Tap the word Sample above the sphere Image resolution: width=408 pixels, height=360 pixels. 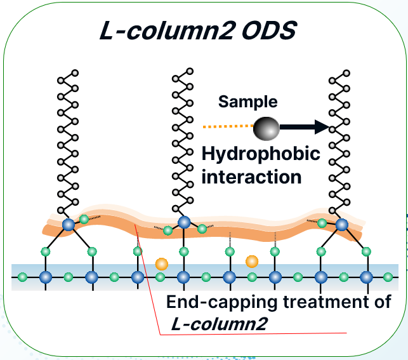pyautogui.click(x=248, y=102)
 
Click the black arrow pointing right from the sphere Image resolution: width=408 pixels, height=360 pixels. pyautogui.click(x=305, y=128)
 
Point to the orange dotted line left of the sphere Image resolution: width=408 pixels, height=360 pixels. pyautogui.click(x=227, y=127)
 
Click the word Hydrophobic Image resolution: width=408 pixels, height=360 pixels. pyautogui.click(x=260, y=154)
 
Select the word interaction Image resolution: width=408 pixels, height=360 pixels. pyautogui.click(x=251, y=176)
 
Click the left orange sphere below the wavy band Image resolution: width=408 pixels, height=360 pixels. pyautogui.click(x=161, y=263)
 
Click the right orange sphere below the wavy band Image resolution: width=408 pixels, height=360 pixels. pyautogui.click(x=252, y=260)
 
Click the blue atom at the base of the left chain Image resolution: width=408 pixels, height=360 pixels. pyautogui.click(x=68, y=224)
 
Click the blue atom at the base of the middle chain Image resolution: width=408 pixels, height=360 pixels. pyautogui.click(x=184, y=222)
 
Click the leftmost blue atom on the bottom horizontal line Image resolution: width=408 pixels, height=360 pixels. pyautogui.click(x=46, y=277)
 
